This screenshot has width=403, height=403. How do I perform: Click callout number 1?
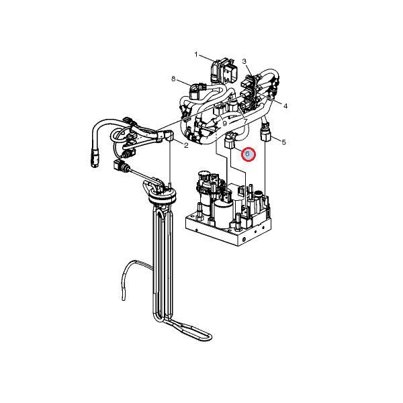[196, 55]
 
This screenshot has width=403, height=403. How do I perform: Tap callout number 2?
[186, 145]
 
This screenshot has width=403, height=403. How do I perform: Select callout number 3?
[244, 61]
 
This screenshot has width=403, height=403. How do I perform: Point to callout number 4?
[285, 106]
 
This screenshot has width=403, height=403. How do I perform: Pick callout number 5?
[283, 142]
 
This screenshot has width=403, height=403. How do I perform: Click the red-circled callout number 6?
[249, 154]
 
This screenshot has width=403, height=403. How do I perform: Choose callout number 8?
[173, 79]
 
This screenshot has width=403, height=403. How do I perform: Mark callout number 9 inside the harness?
[224, 124]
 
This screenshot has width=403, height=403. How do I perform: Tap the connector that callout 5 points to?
[266, 132]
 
